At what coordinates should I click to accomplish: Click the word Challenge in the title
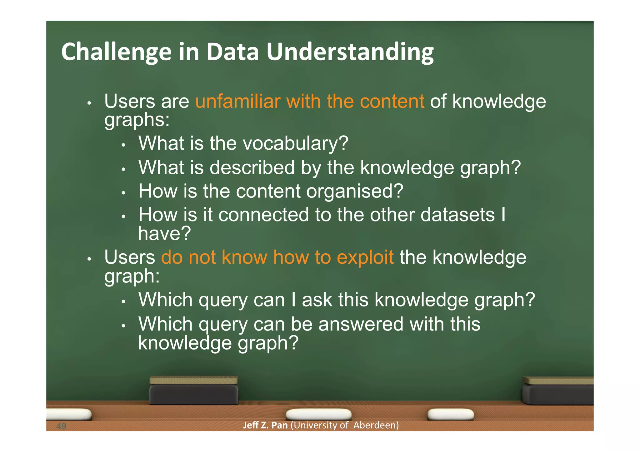[116, 52]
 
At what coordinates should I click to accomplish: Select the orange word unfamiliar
[237, 102]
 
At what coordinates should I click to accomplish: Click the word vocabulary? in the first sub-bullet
[295, 143]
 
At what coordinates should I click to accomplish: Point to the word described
[252, 167]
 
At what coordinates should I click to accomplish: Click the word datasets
[457, 215]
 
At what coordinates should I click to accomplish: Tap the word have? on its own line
[164, 233]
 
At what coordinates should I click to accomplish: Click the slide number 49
[61, 426]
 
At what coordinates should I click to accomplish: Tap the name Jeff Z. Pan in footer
[265, 425]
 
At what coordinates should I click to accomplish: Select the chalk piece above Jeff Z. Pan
[318, 415]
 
